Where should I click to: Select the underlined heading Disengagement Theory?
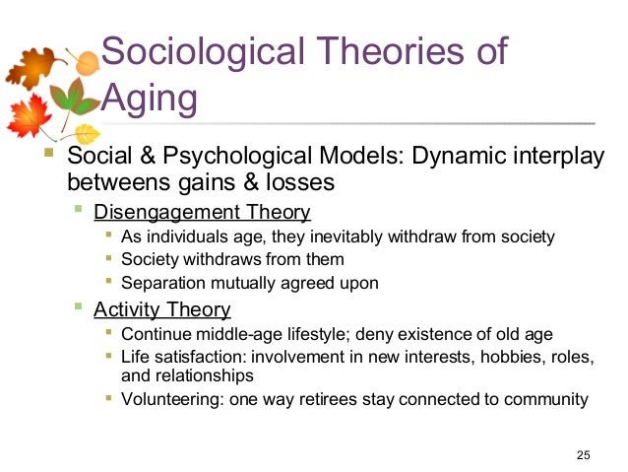(202, 212)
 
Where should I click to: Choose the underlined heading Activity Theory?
(161, 310)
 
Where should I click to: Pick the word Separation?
(162, 283)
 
